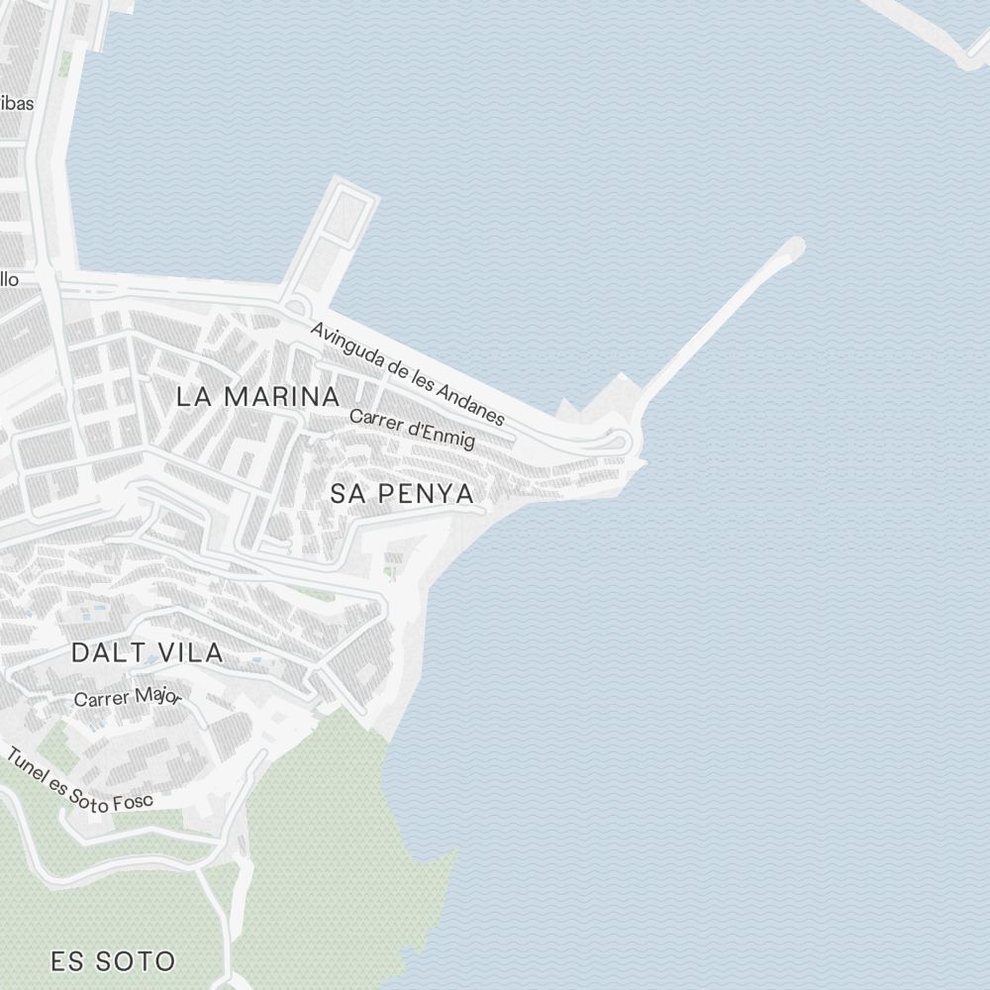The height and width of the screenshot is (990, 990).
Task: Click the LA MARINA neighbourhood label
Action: pyautogui.click(x=257, y=397)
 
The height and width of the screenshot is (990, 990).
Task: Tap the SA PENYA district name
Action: pyautogui.click(x=402, y=493)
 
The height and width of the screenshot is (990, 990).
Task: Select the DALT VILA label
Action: pyautogui.click(x=148, y=653)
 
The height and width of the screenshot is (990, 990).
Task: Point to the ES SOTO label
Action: pyautogui.click(x=113, y=960)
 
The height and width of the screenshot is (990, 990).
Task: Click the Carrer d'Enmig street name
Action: pyautogui.click(x=412, y=428)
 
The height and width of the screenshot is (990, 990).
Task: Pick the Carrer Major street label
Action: pyautogui.click(x=128, y=698)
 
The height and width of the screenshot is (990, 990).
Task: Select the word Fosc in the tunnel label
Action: pyautogui.click(x=133, y=801)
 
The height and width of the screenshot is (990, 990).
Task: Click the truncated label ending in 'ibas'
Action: pyautogui.click(x=17, y=103)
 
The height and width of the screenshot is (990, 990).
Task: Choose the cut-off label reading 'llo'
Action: pyautogui.click(x=9, y=279)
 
